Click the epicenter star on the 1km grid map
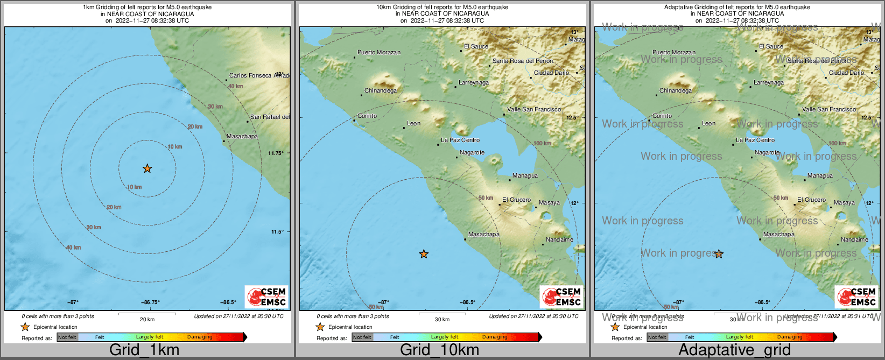coord(147,168)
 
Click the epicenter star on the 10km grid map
coord(424,254)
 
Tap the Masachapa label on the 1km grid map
coord(242,136)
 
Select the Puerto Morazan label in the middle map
coord(379,52)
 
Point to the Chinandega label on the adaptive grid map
coord(676,90)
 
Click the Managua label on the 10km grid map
coord(525,175)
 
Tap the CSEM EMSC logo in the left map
coord(266,297)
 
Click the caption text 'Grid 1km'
coord(144,350)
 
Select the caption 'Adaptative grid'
coord(734,350)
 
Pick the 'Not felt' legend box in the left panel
coord(67,337)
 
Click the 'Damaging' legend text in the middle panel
coord(495,337)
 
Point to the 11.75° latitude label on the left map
coord(276,153)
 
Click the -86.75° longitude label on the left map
coord(150,302)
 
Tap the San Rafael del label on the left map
coord(270,117)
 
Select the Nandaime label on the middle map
coord(559,239)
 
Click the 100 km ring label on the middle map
coord(542,143)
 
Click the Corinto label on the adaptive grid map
coord(662,116)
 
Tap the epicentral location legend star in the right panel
coord(615,327)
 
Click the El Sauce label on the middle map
coord(476,46)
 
